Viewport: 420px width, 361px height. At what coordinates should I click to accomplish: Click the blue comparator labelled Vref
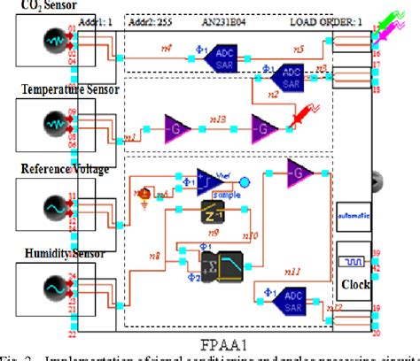click(x=211, y=180)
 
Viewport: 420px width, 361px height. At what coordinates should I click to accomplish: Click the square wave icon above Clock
click(x=353, y=262)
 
